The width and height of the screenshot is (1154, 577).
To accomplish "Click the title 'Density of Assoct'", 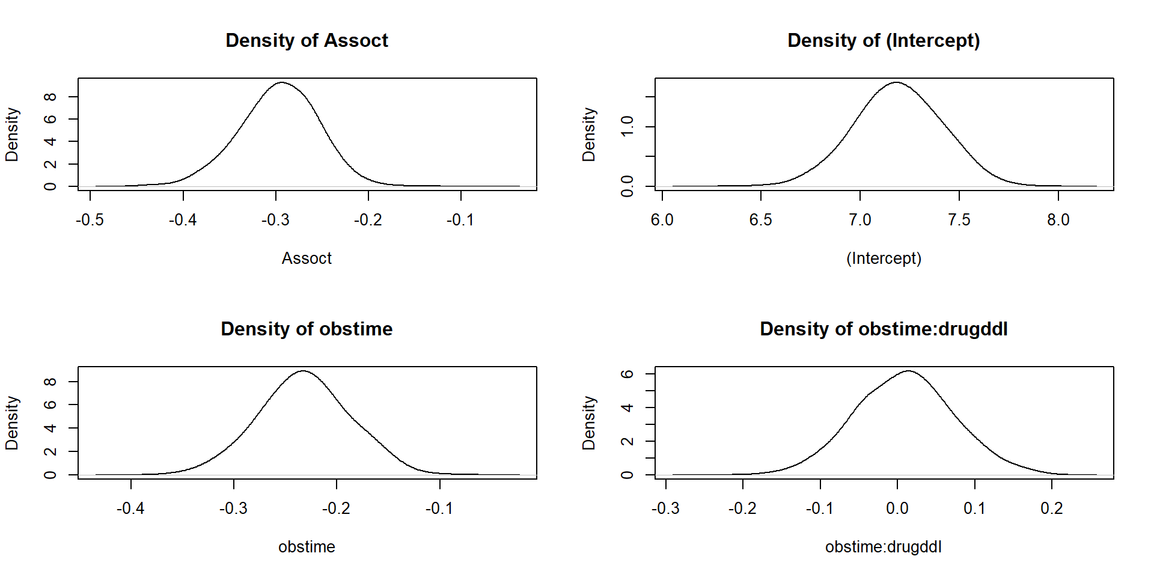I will click(307, 40).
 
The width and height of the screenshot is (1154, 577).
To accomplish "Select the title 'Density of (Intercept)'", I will click(884, 40).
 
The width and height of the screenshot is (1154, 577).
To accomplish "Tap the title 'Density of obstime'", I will click(307, 329).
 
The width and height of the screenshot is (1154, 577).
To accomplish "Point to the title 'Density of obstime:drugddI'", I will click(884, 329).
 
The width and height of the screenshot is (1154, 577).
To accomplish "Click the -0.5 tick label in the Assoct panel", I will click(90, 220).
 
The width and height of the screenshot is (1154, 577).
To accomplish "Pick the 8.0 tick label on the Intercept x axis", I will click(1058, 220).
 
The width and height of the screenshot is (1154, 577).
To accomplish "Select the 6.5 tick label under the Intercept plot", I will click(760, 220).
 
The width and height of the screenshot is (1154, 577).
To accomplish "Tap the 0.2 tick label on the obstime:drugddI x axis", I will click(1051, 508).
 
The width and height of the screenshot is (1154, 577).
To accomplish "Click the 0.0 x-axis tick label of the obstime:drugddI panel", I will click(897, 508).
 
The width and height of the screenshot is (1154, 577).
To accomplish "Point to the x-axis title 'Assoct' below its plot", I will click(307, 258).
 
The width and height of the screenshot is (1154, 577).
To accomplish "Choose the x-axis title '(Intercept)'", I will click(884, 258).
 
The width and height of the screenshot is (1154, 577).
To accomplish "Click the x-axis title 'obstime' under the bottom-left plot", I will click(307, 547).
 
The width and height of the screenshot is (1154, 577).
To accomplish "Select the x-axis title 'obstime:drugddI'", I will click(884, 547).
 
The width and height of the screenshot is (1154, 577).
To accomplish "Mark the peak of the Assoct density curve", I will click(281, 82).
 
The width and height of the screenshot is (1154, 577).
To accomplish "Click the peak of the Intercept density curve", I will click(896, 82).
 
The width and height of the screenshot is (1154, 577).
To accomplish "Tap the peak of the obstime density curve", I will click(304, 371).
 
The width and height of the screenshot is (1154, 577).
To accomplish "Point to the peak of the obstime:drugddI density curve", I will click(909, 371).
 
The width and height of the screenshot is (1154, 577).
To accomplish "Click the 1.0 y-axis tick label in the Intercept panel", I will click(627, 127).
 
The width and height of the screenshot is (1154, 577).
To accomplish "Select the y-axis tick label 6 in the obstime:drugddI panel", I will click(627, 374).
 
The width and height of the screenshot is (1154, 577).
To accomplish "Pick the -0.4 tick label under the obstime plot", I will click(130, 508).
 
